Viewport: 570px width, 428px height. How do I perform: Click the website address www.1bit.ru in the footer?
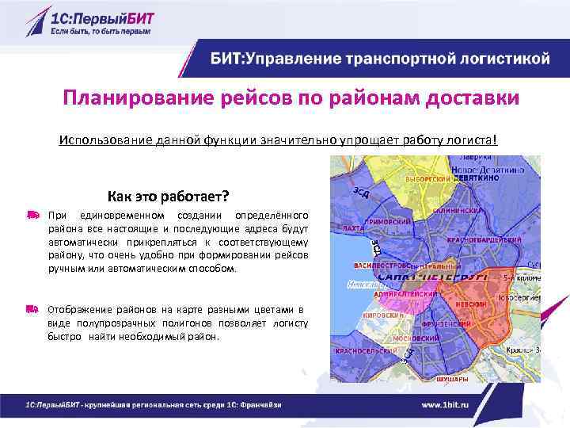tap(456, 405)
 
